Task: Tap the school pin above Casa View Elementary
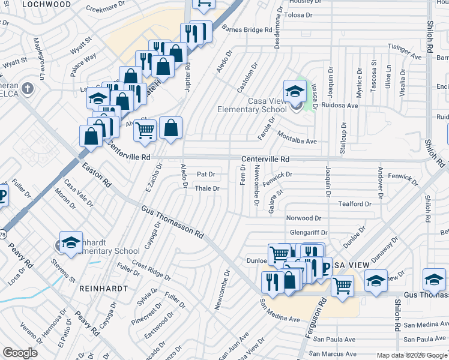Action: click(295, 92)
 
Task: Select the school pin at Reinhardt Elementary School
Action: click(71, 242)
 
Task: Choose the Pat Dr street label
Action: click(206, 174)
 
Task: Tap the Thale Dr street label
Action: click(208, 188)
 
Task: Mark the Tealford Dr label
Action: click(355, 203)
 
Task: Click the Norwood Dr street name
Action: click(304, 218)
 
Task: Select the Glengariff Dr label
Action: click(309, 232)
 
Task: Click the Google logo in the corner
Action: click(20, 353)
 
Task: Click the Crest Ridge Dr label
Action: click(151, 270)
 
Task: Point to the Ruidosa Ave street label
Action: click(340, 105)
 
